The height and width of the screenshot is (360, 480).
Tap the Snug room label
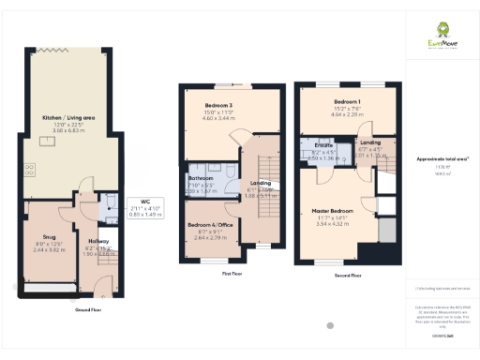pyautogui.click(x=49, y=237)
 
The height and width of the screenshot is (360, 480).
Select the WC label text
pyautogui.click(x=144, y=201)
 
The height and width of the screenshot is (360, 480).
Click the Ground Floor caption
pyautogui.click(x=89, y=308)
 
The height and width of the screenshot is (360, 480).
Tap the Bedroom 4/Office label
pyautogui.click(x=211, y=225)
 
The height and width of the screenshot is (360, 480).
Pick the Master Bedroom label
pyautogui.click(x=333, y=211)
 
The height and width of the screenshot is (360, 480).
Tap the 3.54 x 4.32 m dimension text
pyautogui.click(x=333, y=224)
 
